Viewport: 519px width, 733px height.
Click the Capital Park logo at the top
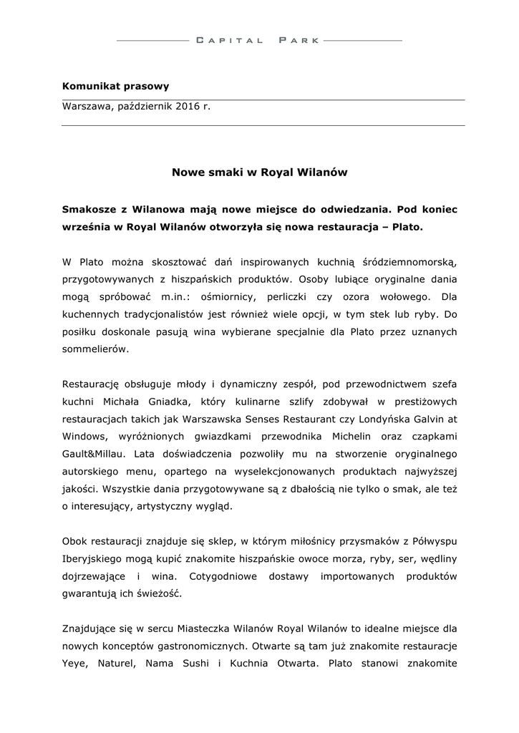(x=259, y=41)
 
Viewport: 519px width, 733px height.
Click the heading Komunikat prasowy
(x=116, y=87)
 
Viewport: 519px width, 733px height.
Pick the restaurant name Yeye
(x=75, y=664)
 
